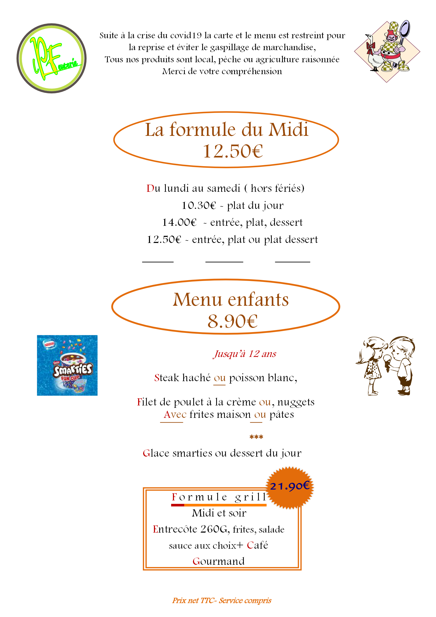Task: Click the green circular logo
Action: (x=52, y=58)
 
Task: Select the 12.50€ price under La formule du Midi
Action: (x=233, y=151)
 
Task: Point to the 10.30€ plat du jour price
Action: (x=199, y=205)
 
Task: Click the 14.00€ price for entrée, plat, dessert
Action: (x=179, y=223)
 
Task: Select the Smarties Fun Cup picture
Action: (x=67, y=365)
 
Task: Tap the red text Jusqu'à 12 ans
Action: (x=245, y=354)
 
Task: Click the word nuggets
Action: (x=295, y=402)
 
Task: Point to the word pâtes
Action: (x=282, y=414)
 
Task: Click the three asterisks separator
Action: (x=256, y=437)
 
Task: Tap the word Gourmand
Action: (x=219, y=561)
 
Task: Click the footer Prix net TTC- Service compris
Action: (x=222, y=601)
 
